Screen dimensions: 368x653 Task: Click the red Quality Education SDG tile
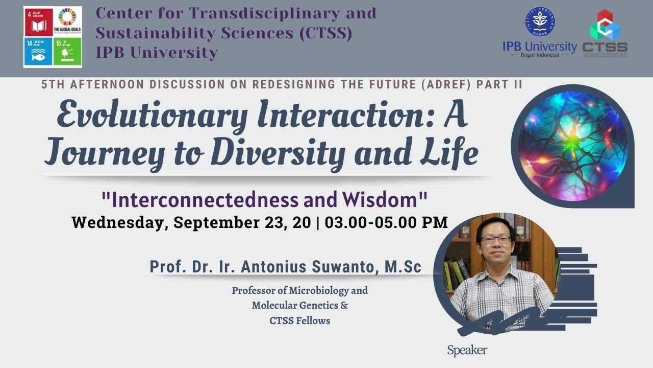(38, 21)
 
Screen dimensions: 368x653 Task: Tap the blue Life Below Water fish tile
(38, 51)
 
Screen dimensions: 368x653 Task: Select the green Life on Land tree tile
(67, 51)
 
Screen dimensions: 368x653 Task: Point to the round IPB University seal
(540, 22)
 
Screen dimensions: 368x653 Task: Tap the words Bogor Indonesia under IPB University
(540, 55)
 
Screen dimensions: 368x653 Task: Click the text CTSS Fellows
(300, 321)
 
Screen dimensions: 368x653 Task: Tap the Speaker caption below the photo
(467, 351)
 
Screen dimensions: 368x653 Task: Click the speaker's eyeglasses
(495, 239)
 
